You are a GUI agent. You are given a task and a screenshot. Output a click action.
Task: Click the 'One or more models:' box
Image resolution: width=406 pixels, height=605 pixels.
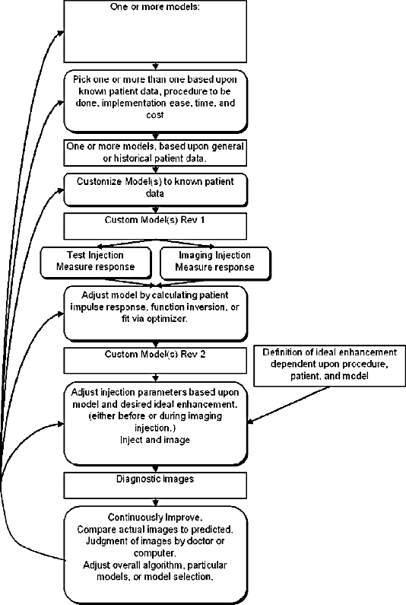[155, 31]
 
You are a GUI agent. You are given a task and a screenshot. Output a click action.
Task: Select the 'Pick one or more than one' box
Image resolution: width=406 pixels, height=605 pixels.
[155, 101]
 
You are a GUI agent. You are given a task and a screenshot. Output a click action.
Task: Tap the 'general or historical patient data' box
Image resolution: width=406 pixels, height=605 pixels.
[155, 152]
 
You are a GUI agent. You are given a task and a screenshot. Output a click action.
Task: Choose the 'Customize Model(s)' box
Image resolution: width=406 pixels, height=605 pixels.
[155, 189]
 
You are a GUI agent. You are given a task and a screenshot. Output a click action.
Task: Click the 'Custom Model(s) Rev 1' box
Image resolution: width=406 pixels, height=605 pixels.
[155, 227]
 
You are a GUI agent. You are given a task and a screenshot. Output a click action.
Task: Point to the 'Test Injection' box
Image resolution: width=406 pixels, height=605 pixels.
[96, 263]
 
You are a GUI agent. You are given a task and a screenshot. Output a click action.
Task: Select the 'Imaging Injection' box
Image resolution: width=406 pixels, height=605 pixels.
[215, 263]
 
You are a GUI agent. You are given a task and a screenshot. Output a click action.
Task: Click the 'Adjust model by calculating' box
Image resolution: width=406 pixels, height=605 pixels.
[155, 314]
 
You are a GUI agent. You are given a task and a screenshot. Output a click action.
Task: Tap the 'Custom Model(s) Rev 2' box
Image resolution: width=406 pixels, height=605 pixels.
[155, 361]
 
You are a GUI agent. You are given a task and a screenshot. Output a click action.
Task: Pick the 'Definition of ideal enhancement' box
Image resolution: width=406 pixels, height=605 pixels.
[330, 366]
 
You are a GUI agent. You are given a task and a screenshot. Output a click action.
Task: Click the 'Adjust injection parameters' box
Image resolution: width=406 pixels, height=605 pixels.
[155, 423]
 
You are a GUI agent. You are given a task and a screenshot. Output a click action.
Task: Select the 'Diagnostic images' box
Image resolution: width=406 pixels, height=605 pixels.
[155, 485]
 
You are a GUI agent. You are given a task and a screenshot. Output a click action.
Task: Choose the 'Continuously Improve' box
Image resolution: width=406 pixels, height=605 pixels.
[155, 555]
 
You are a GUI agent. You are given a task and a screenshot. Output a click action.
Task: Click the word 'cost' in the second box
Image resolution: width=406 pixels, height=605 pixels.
[155, 115]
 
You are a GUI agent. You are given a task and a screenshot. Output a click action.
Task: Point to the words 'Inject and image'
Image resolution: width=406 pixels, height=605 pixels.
[155, 440]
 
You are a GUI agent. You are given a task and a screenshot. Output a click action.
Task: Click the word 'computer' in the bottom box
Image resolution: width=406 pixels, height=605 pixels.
[155, 553]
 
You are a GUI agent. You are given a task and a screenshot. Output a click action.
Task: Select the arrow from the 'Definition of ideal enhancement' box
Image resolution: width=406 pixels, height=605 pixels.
[288, 404]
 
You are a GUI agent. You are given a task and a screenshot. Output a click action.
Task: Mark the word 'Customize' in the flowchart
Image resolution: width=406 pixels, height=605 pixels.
[99, 181]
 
